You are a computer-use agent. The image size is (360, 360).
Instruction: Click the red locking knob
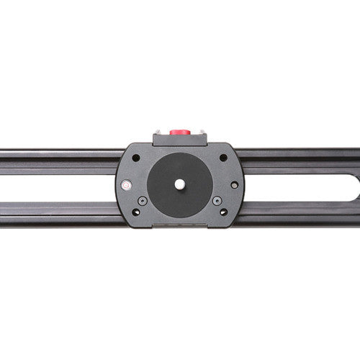coord(179,132)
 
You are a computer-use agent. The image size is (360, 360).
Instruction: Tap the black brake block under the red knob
coord(179,140)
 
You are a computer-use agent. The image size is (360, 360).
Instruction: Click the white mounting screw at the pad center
coord(179,184)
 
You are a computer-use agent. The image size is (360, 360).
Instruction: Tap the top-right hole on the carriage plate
coord(223,158)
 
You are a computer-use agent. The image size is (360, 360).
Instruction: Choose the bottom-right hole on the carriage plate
coord(223,212)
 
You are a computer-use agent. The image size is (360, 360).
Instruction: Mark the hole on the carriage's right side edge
coord(234,185)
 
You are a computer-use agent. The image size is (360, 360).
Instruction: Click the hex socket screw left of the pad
coord(143,200)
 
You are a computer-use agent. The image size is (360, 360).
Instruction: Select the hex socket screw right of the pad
coord(217,200)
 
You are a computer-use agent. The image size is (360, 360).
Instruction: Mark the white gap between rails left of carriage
coord(58,185)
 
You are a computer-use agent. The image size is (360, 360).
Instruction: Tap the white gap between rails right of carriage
coord(295,185)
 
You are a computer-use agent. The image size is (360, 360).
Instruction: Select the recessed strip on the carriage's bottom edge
coord(179,225)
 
